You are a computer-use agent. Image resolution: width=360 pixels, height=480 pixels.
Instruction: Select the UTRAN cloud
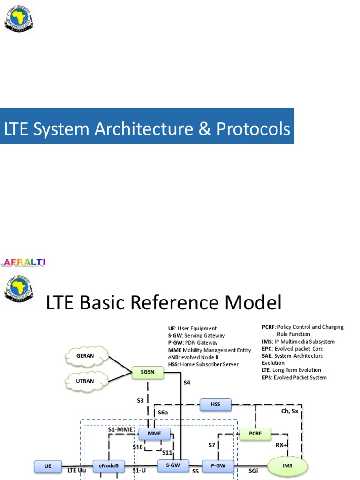tap(85, 381)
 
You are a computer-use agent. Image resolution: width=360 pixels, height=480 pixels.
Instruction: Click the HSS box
tap(215, 404)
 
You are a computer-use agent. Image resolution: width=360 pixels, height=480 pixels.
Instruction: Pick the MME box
tap(154, 434)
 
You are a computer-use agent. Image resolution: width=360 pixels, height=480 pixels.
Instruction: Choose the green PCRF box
tap(255, 435)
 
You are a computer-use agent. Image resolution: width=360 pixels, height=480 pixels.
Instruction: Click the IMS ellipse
tap(288, 465)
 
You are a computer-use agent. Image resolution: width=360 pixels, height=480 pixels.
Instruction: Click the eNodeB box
tap(108, 466)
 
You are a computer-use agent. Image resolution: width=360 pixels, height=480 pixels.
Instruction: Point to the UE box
tap(48, 466)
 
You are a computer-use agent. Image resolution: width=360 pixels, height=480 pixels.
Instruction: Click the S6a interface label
tap(163, 412)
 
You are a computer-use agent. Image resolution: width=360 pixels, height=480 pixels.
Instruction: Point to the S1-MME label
tap(120, 429)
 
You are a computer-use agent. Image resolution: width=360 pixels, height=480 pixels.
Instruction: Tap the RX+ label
tap(282, 445)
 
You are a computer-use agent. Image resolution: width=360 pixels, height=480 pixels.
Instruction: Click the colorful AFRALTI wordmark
tap(24, 262)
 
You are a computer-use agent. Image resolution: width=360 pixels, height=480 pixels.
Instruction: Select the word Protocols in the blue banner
tap(253, 129)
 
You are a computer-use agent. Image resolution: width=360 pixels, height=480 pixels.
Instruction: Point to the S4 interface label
tap(187, 382)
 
